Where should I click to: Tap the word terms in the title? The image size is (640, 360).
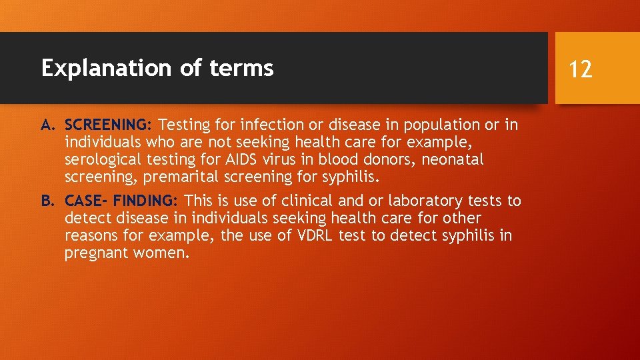[x=245, y=68]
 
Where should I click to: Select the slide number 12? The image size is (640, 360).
[x=581, y=68]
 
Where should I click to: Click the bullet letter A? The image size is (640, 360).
[x=47, y=125]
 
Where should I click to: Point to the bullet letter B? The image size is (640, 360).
[x=47, y=201]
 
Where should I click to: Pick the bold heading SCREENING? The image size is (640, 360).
[x=109, y=125]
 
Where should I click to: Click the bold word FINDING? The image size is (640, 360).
[x=145, y=201]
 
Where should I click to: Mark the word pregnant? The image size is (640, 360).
[x=95, y=253]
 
